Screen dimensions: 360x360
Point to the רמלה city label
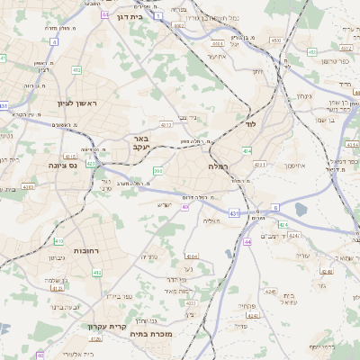tap(219, 167)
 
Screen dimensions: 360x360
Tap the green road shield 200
tap(158, 170)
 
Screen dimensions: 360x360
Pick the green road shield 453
tap(275, 40)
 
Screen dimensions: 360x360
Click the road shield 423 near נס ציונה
tap(91, 164)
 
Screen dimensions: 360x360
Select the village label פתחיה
tap(248, 307)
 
